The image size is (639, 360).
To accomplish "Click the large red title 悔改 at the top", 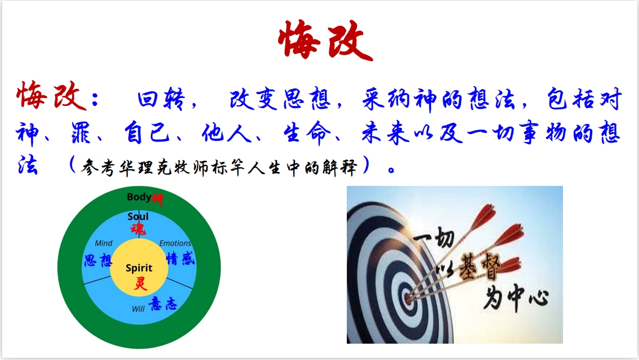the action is [325, 40].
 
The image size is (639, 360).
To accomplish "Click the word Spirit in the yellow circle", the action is [139, 268].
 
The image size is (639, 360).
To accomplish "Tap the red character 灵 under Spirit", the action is [140, 283].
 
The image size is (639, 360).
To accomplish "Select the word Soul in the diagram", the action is [138, 216].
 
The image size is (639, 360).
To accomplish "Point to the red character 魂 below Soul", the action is [138, 229].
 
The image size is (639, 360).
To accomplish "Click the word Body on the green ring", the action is [139, 197].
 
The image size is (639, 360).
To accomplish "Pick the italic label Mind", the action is [104, 243].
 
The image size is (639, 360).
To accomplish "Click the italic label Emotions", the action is [175, 243].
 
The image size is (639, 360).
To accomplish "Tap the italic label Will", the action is [138, 309].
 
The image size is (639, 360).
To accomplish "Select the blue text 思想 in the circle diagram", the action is [98, 260].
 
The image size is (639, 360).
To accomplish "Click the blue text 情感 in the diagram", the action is [181, 259].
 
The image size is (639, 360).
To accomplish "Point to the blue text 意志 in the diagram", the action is [163, 304].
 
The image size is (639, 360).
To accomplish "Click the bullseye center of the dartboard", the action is [408, 299].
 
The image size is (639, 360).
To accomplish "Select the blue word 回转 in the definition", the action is [162, 99].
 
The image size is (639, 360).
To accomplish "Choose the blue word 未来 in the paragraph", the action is [385, 133].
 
